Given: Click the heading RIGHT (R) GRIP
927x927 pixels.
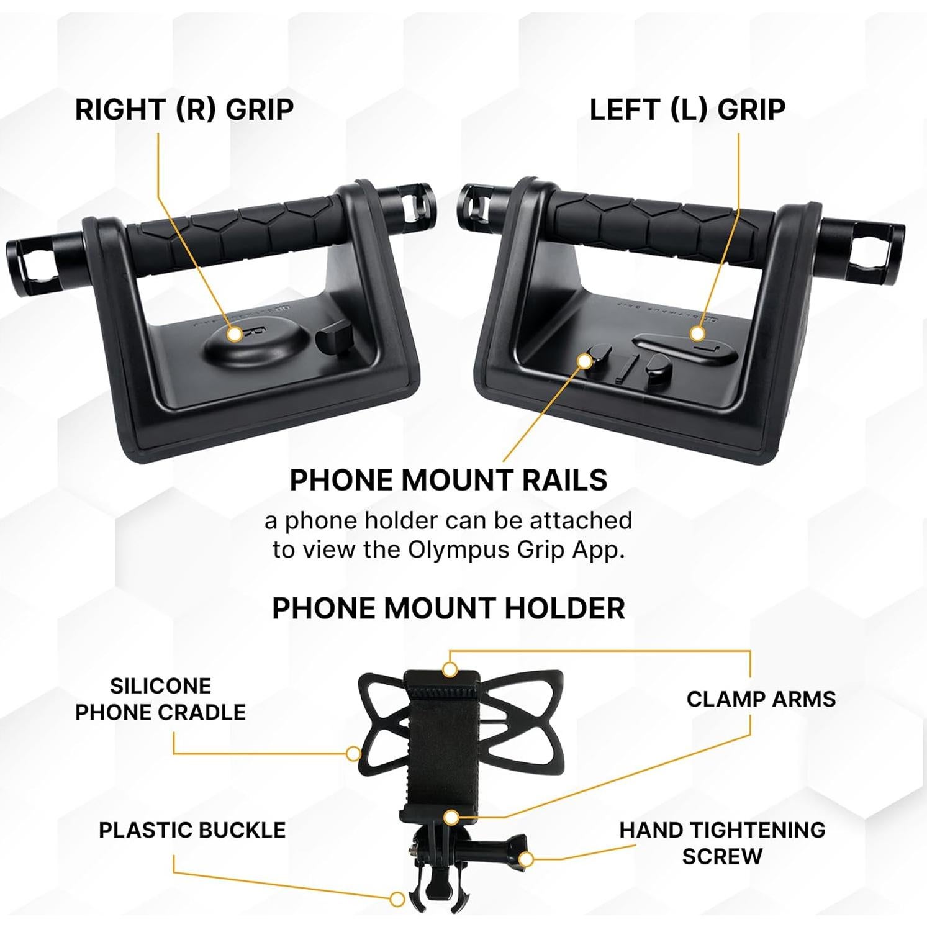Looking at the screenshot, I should (x=184, y=110).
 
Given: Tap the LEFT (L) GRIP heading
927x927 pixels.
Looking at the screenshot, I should (x=687, y=110).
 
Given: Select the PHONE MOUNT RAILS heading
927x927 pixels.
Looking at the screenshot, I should (x=448, y=480).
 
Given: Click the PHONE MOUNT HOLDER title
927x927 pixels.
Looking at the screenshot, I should (x=448, y=608).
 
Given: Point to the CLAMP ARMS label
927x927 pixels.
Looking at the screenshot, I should (x=761, y=699).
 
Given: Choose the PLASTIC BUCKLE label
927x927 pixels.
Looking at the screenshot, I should (x=192, y=830).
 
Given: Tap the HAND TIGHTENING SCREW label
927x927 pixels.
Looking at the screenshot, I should (x=722, y=843).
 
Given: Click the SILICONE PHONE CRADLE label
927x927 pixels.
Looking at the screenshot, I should (x=160, y=699).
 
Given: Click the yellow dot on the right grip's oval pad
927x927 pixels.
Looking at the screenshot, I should (x=234, y=334).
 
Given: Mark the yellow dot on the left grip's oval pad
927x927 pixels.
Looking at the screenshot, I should (x=697, y=333).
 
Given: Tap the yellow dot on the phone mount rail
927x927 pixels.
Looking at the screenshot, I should (x=584, y=360).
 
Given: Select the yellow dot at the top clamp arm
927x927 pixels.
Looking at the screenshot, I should (x=450, y=669).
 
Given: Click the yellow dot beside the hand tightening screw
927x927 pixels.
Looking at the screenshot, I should (x=526, y=859).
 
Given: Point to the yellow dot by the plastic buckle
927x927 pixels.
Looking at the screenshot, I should (x=397, y=898).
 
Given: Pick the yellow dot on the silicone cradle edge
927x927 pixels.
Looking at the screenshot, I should (x=353, y=754).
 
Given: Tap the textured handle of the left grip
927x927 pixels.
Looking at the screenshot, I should (x=658, y=227).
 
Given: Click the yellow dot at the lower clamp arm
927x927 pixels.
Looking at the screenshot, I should (x=452, y=817).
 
